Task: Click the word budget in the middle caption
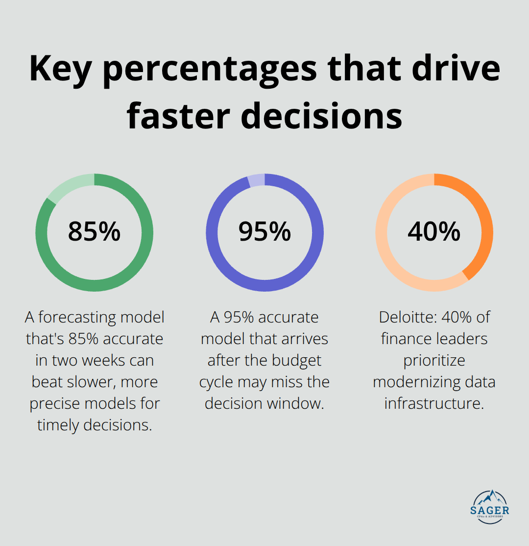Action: (x=297, y=360)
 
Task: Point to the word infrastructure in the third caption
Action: (x=434, y=403)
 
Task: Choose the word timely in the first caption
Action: (x=58, y=425)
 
